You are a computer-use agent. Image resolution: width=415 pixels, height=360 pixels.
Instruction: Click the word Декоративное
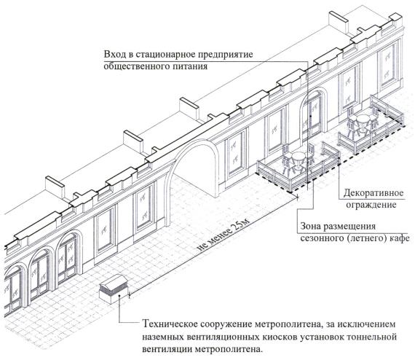tap(373, 193)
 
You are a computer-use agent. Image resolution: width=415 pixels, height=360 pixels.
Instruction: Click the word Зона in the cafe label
tap(310, 227)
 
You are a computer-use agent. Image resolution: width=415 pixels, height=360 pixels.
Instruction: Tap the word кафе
tap(400, 238)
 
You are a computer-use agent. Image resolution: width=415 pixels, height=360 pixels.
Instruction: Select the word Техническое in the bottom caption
tap(170, 324)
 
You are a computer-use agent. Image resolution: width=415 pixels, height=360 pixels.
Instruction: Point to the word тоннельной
tap(372, 337)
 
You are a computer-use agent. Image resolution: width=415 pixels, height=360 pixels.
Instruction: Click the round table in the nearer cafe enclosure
tap(299, 160)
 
